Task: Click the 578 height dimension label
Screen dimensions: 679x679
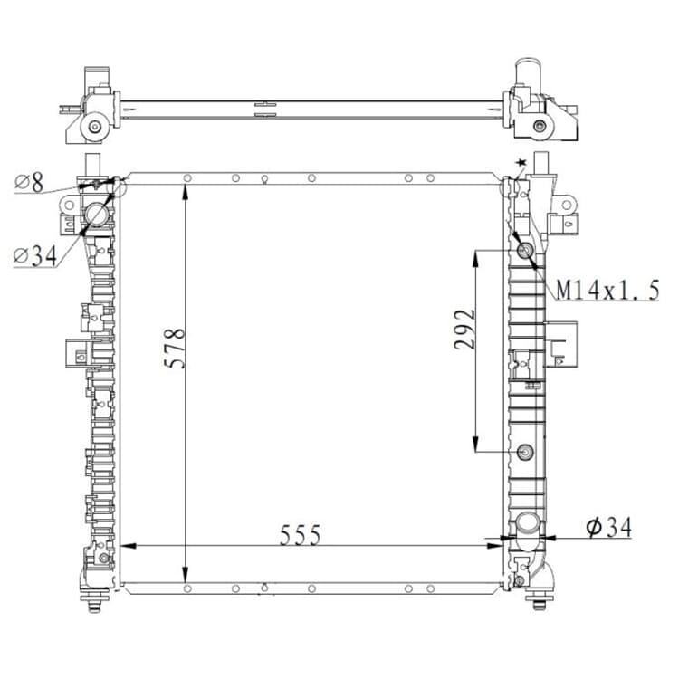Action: tap(175, 349)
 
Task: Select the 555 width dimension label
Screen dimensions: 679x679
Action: tap(300, 535)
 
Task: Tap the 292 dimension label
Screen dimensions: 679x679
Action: tap(464, 330)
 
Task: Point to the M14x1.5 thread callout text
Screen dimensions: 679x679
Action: tap(607, 290)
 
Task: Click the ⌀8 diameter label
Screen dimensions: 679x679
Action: tap(30, 182)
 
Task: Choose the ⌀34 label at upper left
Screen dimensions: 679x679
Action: tap(35, 256)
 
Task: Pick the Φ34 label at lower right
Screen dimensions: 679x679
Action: tap(609, 527)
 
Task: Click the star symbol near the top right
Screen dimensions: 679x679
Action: tap(521, 162)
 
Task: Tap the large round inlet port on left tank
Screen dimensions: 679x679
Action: tap(97, 214)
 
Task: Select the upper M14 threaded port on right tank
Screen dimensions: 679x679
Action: tap(526, 250)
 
